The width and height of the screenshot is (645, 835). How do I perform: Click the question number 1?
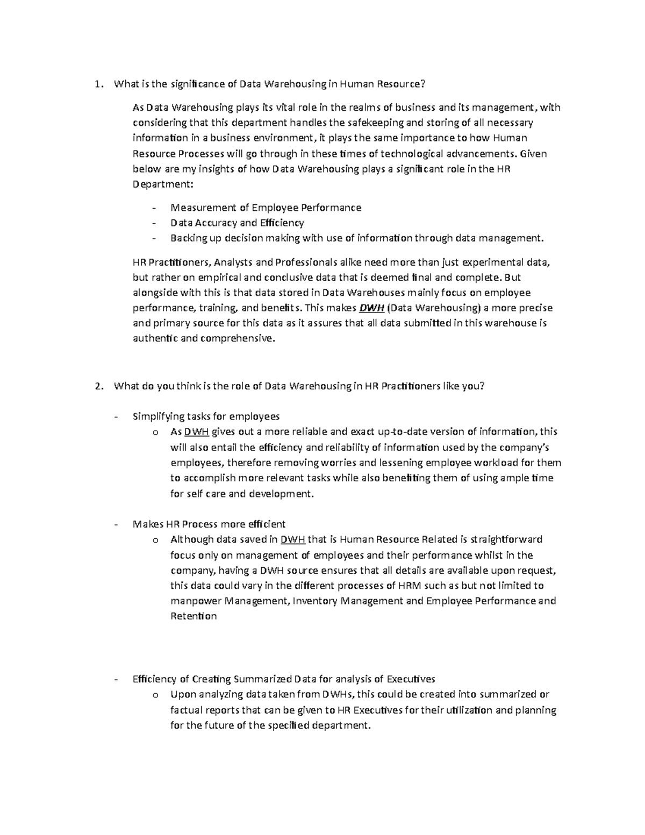[97, 84]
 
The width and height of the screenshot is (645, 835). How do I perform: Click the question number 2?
[97, 386]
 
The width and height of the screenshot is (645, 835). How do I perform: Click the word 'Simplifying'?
[158, 416]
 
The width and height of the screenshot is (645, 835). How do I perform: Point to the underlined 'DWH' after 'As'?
[196, 432]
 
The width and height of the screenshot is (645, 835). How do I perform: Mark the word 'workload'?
[449, 462]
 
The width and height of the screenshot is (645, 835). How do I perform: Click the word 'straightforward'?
[506, 539]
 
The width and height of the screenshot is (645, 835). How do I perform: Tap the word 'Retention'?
[193, 616]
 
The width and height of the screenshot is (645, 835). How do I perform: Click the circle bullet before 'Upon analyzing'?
[155, 695]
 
